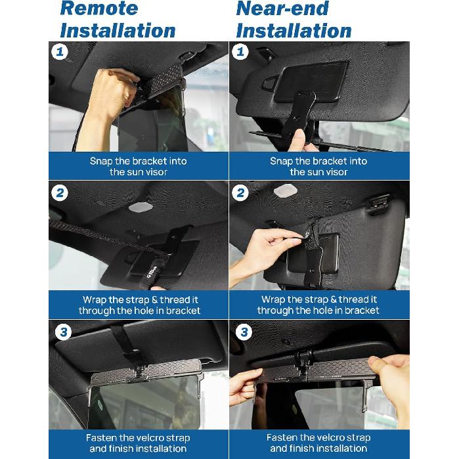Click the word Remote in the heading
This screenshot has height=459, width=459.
(x=98, y=9)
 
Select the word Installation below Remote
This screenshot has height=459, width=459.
(x=118, y=30)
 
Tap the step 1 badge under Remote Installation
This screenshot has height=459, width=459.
(x=60, y=53)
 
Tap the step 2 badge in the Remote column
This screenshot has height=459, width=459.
(x=60, y=193)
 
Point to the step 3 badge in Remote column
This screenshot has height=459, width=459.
(x=62, y=332)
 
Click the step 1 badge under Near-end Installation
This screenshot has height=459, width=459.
(x=241, y=53)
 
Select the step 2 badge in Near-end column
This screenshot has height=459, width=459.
(x=241, y=193)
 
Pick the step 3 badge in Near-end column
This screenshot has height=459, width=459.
(x=244, y=332)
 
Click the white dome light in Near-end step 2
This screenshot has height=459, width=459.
(x=284, y=190)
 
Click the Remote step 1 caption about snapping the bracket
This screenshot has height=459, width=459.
(x=139, y=166)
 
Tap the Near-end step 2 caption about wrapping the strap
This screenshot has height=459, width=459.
(x=318, y=305)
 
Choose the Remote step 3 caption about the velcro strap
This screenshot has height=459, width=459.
(x=139, y=443)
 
